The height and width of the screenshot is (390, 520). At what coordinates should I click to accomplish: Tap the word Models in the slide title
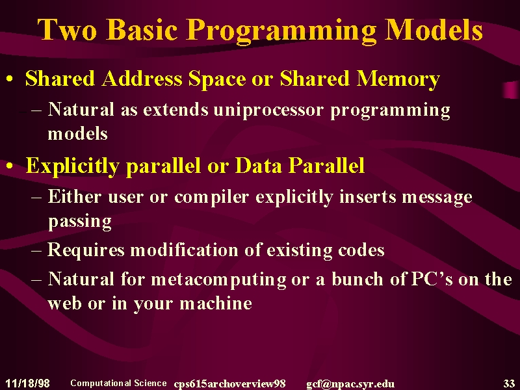[433, 29]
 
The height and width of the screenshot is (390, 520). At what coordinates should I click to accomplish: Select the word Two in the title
[67, 29]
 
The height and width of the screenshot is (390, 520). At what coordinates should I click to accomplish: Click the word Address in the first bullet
[142, 79]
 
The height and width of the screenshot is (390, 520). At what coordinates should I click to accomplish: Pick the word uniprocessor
[268, 110]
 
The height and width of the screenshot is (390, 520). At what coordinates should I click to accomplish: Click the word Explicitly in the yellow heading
[73, 166]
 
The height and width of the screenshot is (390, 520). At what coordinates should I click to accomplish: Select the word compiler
[211, 198]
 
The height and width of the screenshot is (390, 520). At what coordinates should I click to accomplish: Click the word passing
[79, 222]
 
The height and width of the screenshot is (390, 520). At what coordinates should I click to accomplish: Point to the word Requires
[86, 250]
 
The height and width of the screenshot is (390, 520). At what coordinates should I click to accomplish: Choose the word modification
[184, 250]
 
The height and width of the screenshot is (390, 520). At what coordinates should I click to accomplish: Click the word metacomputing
[218, 279]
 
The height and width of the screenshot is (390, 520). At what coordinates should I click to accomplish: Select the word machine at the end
[216, 303]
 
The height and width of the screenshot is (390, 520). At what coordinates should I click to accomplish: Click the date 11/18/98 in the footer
[27, 383]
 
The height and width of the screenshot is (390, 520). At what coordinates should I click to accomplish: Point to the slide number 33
[509, 383]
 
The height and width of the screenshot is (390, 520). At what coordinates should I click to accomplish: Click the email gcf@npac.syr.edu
[350, 384]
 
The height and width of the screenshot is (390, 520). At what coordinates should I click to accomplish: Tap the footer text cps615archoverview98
[229, 383]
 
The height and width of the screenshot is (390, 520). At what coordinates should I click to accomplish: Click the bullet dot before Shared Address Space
[10, 79]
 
